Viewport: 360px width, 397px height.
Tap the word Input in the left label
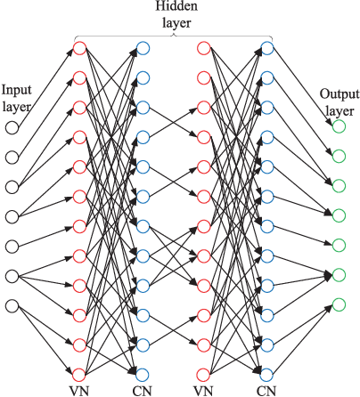click(18, 91)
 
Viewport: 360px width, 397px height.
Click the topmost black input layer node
click(12, 127)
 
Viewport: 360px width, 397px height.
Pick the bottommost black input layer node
click(12, 306)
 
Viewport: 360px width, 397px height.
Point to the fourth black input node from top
click(12, 216)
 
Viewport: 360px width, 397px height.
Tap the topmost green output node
click(339, 127)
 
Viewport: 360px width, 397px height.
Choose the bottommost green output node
click(339, 306)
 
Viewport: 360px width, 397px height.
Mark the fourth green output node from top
click(339, 216)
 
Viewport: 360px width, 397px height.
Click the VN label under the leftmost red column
click(79, 390)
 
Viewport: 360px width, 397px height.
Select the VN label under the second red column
click(203, 390)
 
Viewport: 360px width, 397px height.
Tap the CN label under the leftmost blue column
click(143, 390)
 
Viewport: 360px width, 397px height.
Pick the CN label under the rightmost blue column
click(266, 390)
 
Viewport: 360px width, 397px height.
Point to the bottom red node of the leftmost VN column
click(79, 374)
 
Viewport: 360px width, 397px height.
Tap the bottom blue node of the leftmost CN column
click(143, 374)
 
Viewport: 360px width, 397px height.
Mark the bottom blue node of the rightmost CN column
click(266, 374)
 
